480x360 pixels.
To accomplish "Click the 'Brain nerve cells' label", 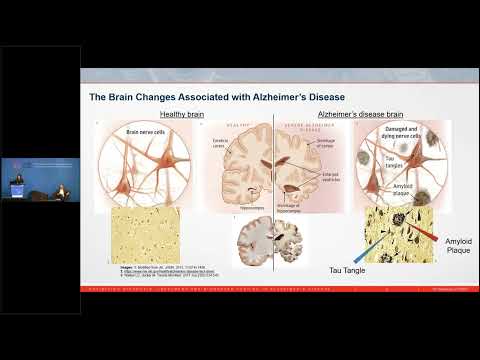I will [x=145, y=132].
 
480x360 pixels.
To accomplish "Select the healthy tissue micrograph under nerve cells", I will [x=145, y=234].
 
